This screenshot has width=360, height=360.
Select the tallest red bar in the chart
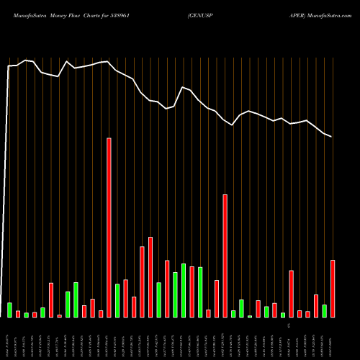(x=109, y=228)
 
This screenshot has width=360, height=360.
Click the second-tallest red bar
(x=225, y=256)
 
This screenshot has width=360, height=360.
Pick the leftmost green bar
(x=10, y=310)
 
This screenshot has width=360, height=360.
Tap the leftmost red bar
(x=18, y=314)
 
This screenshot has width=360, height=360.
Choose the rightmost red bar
(x=333, y=288)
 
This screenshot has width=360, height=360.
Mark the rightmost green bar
(x=325, y=310)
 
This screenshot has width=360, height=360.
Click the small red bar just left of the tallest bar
(x=101, y=314)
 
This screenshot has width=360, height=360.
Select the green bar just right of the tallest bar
(x=117, y=300)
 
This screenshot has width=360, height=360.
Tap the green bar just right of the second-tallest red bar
(x=233, y=313)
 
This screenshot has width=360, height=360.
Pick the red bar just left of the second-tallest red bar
(x=217, y=298)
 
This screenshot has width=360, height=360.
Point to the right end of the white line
(x=332, y=136)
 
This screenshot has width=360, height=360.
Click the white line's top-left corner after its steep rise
(x=9, y=66)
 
